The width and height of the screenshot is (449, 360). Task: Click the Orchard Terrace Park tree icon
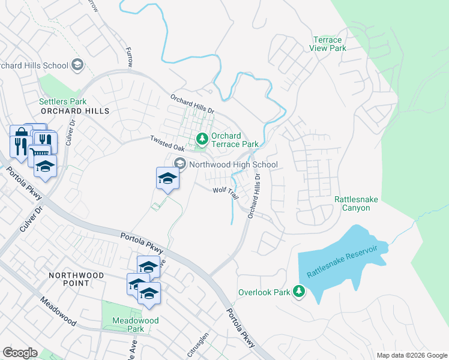click(x=202, y=139)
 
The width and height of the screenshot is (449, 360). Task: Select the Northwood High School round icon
click(x=180, y=164)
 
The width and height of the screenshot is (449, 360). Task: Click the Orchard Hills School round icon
click(x=77, y=64)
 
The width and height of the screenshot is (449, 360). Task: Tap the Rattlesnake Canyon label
click(x=352, y=203)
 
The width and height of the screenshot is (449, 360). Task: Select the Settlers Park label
click(x=63, y=101)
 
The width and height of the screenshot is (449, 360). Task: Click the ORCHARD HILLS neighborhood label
click(x=76, y=112)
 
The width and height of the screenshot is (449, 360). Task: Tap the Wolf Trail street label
click(x=226, y=190)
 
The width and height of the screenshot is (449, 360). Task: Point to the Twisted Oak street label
click(x=167, y=143)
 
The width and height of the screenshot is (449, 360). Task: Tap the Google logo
click(x=20, y=353)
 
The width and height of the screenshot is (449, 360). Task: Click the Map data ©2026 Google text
click(x=411, y=355)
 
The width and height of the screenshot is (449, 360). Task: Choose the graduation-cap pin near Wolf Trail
click(x=167, y=178)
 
